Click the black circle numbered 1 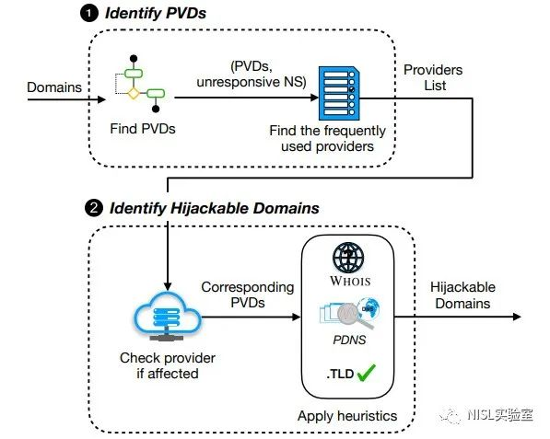(x=89, y=14)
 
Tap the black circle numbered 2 (x=94, y=209)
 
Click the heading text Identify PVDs (x=156, y=14)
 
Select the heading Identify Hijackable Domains (x=215, y=209)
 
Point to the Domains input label (x=54, y=87)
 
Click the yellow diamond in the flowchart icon (x=134, y=93)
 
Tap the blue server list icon (x=339, y=93)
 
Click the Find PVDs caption (x=143, y=129)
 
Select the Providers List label (x=433, y=77)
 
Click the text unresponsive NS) (x=252, y=82)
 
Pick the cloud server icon (x=168, y=317)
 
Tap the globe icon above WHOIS (x=348, y=258)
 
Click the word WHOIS (x=350, y=281)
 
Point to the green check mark (x=366, y=373)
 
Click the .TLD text (x=340, y=374)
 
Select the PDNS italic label (x=349, y=340)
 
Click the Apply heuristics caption (x=347, y=416)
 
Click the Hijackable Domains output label (x=462, y=295)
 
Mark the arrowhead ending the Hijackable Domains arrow (x=517, y=317)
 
